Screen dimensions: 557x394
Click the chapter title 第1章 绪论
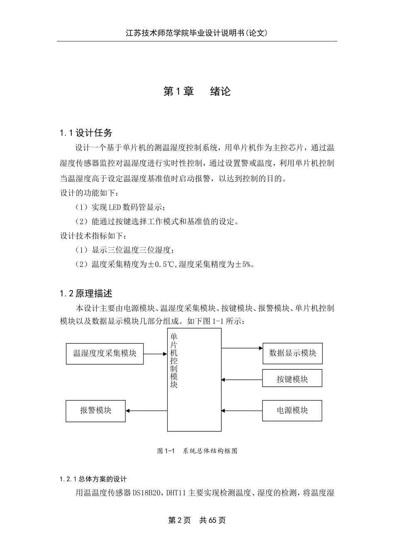(197, 92)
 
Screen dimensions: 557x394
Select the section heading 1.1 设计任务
(86, 133)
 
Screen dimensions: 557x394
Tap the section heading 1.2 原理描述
(86, 294)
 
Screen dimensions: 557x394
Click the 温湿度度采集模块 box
(105, 354)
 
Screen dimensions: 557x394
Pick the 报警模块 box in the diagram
(95, 411)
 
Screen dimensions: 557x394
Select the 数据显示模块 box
(292, 354)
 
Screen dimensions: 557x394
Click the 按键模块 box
(292, 379)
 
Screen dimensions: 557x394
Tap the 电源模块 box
(292, 411)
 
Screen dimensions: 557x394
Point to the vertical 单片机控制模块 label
(174, 361)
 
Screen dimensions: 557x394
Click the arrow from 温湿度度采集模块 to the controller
(155, 354)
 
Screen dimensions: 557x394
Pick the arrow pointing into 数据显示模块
(242, 349)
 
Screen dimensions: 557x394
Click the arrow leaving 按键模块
(242, 379)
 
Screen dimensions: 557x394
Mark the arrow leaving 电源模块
(242, 411)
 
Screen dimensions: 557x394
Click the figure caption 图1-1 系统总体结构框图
(197, 451)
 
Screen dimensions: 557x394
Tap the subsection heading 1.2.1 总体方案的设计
(93, 479)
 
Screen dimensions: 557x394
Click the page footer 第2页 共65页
(197, 521)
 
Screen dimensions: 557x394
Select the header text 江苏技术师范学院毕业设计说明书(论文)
(197, 33)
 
